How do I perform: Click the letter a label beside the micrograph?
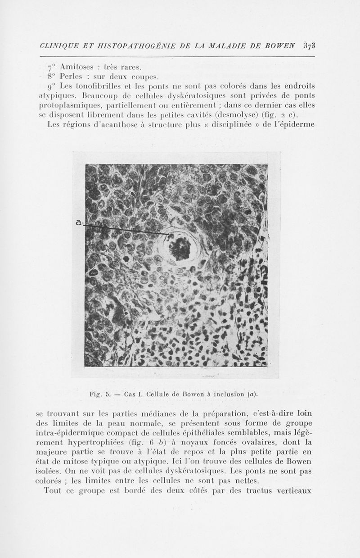point(79,222)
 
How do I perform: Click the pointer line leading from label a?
point(126,229)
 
